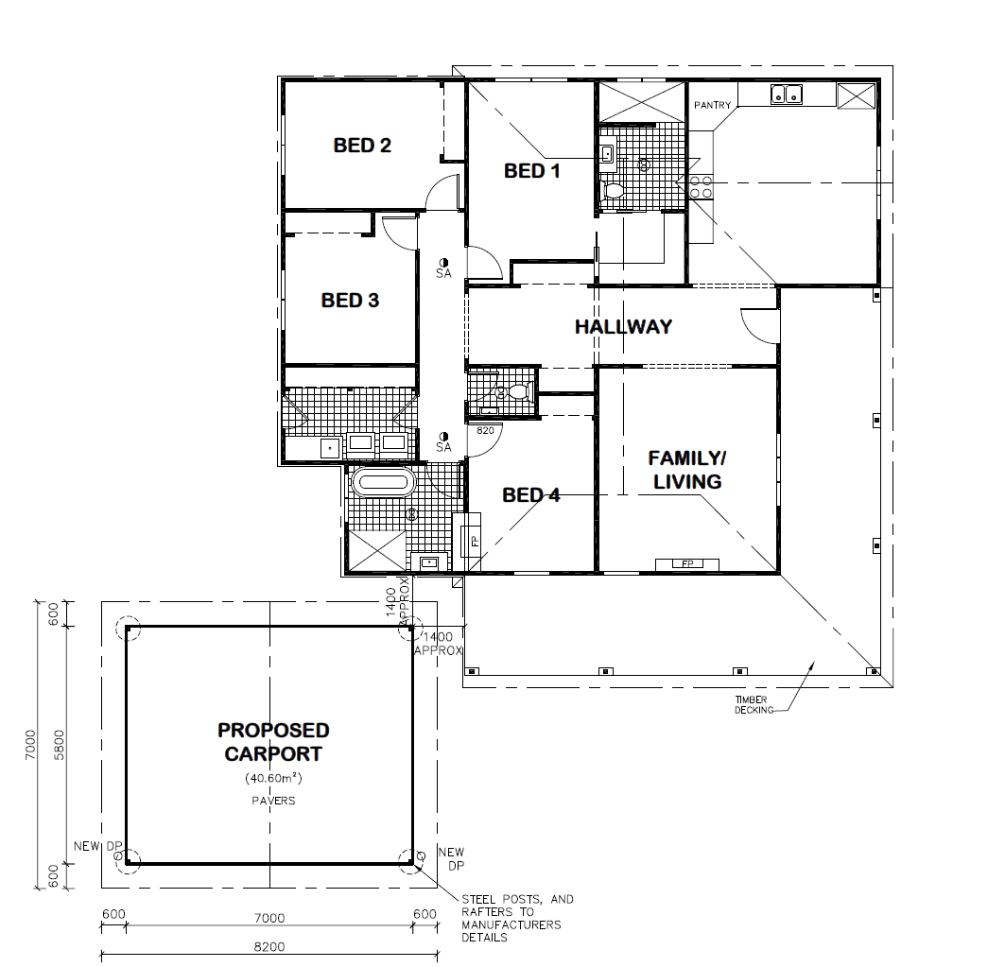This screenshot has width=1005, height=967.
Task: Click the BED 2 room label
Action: coord(362,146)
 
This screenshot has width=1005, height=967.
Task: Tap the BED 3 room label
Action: coord(350,300)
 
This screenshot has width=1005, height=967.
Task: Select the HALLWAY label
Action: coord(623,327)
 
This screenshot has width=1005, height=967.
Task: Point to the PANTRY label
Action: coord(712,105)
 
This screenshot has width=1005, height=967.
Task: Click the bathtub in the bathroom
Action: coord(382,482)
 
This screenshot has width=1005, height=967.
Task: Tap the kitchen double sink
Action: coord(787,95)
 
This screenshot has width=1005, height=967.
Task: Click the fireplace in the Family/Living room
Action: coord(687,564)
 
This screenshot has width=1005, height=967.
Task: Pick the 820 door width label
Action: coord(485,430)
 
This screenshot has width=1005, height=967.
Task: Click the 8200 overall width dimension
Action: coord(269,946)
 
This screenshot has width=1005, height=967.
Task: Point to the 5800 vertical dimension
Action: coord(60,745)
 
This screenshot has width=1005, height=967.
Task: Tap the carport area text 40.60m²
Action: coord(273,779)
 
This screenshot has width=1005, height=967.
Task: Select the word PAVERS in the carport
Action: coord(273,801)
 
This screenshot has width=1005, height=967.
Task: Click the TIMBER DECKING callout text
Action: coord(752,705)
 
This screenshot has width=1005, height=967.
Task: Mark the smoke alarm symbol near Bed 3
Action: coord(443,262)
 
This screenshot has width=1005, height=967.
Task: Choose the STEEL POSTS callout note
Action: coord(517,918)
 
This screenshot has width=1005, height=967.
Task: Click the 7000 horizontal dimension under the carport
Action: coord(269,918)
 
